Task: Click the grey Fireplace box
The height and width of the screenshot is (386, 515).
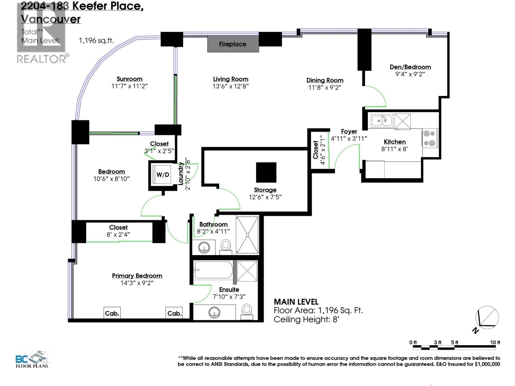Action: (x=233, y=44)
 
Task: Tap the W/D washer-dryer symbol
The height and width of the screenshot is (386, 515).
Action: (x=163, y=175)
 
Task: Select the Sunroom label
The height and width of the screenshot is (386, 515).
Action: (x=129, y=79)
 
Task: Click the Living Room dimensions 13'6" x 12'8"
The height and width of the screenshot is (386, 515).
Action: (x=230, y=86)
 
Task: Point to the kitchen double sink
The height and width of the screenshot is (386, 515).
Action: (x=382, y=121)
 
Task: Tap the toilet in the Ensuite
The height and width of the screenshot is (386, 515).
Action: (x=247, y=311)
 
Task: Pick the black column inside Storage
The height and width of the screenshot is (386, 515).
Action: (x=266, y=172)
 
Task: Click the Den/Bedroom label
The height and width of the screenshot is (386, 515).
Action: (x=410, y=67)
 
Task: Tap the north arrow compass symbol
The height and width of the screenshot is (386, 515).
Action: (x=487, y=318)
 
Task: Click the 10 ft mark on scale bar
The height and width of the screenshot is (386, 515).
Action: (x=495, y=343)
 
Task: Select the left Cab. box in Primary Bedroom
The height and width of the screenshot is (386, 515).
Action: (x=112, y=313)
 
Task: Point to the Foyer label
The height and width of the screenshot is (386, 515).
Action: (x=349, y=131)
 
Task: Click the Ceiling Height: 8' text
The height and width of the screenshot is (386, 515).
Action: (x=307, y=319)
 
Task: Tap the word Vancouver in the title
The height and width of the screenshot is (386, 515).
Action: (x=51, y=19)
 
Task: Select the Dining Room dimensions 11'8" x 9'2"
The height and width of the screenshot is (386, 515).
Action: (x=324, y=87)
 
